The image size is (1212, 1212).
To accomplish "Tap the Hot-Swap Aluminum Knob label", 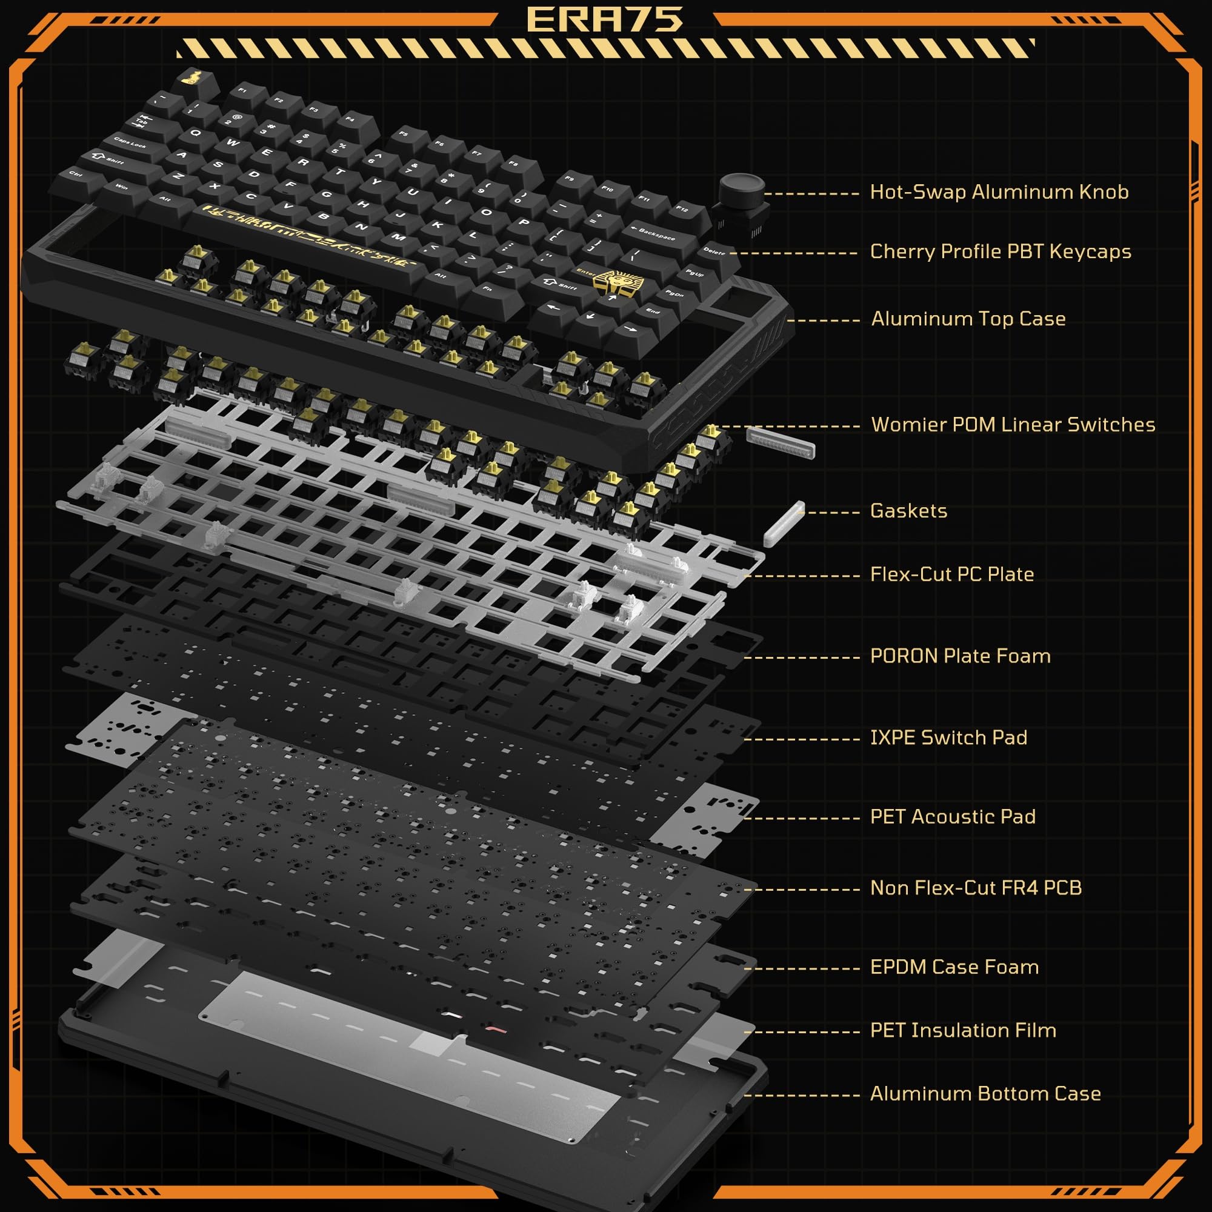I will (999, 192).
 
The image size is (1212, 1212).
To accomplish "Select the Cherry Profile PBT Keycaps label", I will (1000, 251).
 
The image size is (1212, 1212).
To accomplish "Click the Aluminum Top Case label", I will (968, 319).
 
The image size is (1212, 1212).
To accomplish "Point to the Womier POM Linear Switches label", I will (1013, 425).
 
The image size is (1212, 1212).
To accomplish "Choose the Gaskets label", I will (908, 511).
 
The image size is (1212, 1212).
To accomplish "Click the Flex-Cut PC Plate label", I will (951, 574).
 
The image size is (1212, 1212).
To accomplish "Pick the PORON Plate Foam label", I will (960, 656).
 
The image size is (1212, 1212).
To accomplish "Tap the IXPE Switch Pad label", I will (948, 738).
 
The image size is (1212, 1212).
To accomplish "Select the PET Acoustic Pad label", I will (952, 817).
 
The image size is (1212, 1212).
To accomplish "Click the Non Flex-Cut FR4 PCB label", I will (976, 888).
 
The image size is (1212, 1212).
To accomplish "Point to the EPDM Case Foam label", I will (954, 967).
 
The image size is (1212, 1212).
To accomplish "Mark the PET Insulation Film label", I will (963, 1030).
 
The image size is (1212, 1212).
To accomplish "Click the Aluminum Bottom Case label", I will (985, 1093).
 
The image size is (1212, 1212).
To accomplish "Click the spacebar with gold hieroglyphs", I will (307, 237).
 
